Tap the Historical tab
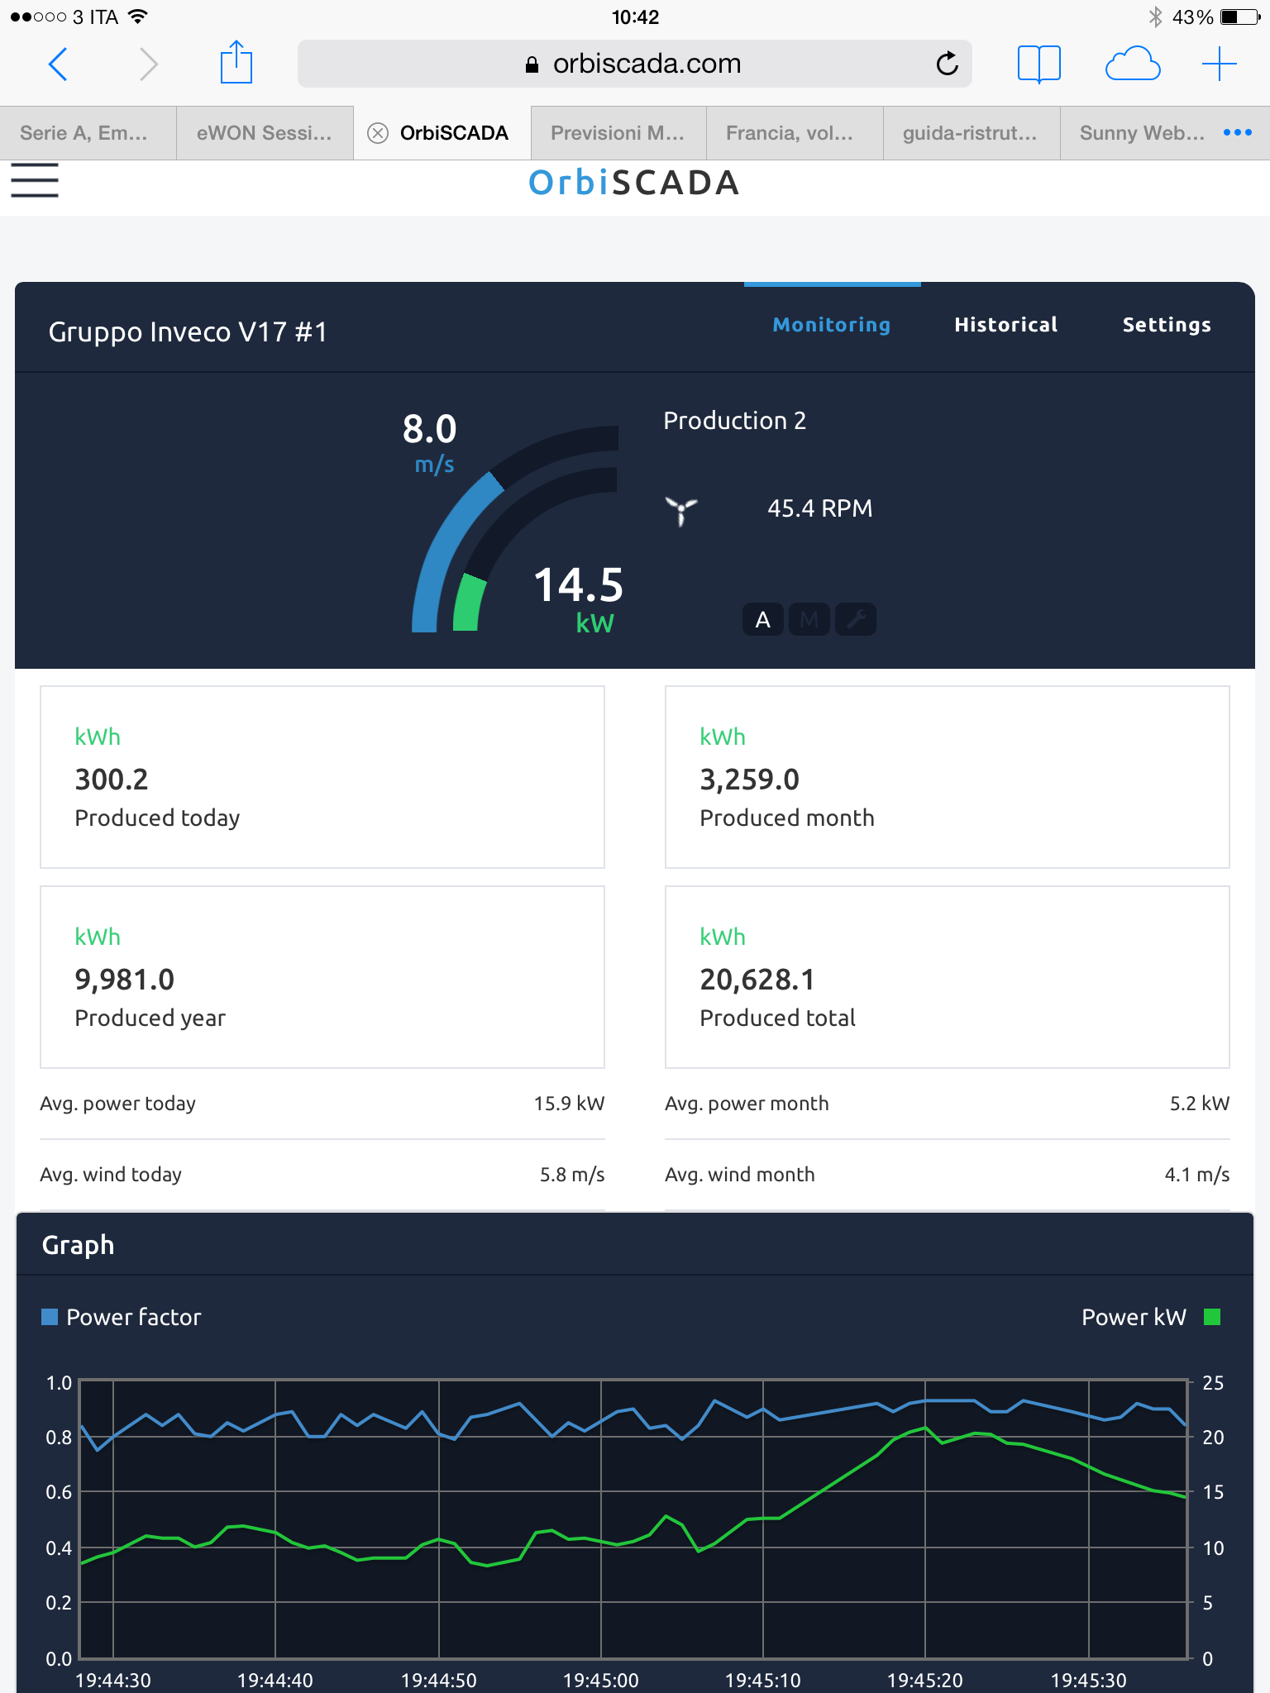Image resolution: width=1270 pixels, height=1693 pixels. click(x=1005, y=325)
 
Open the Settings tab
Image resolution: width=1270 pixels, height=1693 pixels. click(x=1166, y=325)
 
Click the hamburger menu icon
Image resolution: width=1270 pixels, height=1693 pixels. click(x=35, y=180)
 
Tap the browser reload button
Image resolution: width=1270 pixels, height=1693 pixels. click(x=947, y=64)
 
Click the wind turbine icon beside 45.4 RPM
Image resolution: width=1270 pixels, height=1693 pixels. click(x=681, y=510)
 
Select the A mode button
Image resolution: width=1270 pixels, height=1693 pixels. click(x=762, y=619)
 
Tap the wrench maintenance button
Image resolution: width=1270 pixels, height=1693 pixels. click(x=856, y=619)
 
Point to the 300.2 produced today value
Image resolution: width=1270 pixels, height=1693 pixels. click(x=112, y=780)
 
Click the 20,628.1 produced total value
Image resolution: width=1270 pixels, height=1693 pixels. click(x=757, y=980)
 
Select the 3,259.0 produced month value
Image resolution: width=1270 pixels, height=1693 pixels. click(x=749, y=780)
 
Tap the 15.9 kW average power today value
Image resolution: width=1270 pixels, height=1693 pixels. click(x=569, y=1104)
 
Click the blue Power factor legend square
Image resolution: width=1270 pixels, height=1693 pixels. click(x=50, y=1317)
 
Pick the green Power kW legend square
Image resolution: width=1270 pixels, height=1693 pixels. click(x=1212, y=1317)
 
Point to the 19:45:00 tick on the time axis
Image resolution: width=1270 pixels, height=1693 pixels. click(x=601, y=1680)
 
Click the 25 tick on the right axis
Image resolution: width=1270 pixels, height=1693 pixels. click(x=1213, y=1383)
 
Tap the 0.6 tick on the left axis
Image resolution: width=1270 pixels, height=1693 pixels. click(x=59, y=1492)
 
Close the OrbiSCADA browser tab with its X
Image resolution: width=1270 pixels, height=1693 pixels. click(x=378, y=133)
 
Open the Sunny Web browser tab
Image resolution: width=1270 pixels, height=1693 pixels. click(x=1141, y=133)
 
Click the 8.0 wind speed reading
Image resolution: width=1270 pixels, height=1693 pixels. click(x=429, y=429)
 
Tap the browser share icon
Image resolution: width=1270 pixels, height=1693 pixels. click(x=236, y=63)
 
